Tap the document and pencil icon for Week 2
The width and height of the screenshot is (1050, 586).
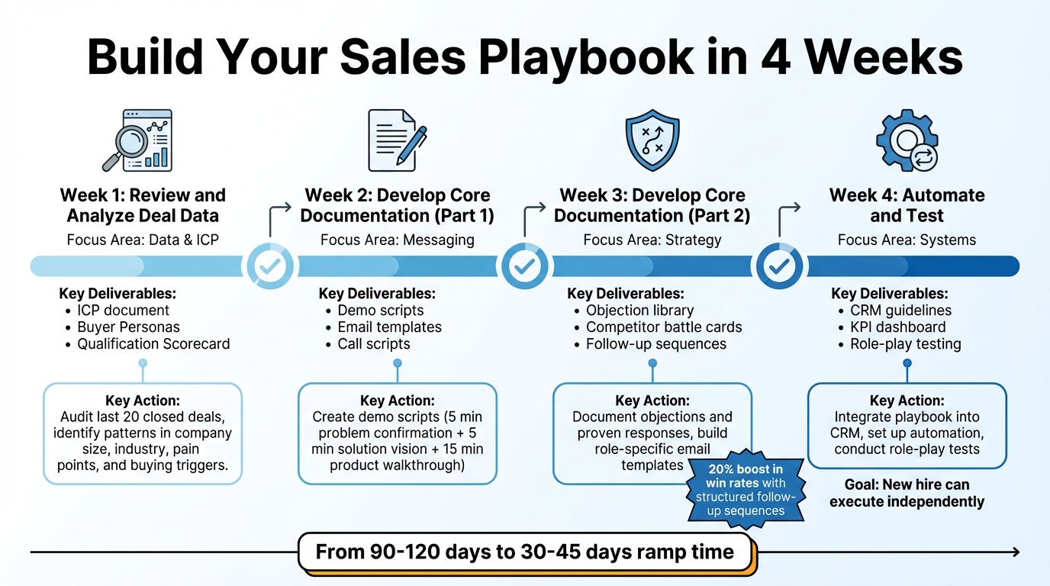click(x=396, y=140)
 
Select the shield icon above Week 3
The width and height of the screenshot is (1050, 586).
click(x=652, y=140)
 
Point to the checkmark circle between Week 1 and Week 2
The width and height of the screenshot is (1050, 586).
click(x=269, y=266)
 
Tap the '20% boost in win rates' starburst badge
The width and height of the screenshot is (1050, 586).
click(x=745, y=489)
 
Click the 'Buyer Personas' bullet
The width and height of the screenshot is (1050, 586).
click(x=128, y=327)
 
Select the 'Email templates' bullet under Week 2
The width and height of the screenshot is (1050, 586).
click(x=389, y=327)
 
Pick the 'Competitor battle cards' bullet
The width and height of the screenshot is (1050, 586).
click(x=663, y=327)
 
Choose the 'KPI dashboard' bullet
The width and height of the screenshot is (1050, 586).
click(x=897, y=327)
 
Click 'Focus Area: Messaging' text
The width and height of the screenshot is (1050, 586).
click(x=397, y=240)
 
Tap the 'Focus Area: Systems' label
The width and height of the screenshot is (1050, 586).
click(x=907, y=240)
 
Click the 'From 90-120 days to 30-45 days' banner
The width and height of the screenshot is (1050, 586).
click(x=525, y=552)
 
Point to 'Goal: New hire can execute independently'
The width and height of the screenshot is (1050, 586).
click(x=907, y=493)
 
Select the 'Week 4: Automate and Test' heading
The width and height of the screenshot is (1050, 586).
click(x=907, y=205)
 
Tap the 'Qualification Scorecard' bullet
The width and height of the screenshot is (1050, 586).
click(x=153, y=344)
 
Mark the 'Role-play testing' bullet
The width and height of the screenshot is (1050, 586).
click(x=905, y=344)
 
